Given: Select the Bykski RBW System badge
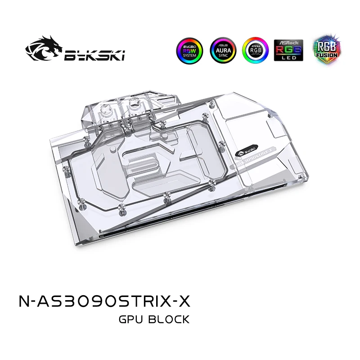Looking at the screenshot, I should (189, 50).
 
